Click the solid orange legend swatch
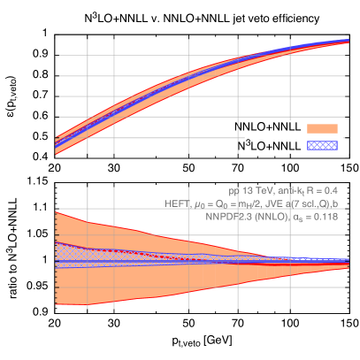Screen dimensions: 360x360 [x=322, y=128]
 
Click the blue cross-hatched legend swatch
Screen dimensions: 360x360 [x=322, y=144]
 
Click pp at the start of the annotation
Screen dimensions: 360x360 [x=234, y=190]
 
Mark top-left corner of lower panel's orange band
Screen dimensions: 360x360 [x=57, y=212]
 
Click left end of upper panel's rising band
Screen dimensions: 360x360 [x=57, y=144]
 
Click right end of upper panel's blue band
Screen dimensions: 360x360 [x=347, y=42]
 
